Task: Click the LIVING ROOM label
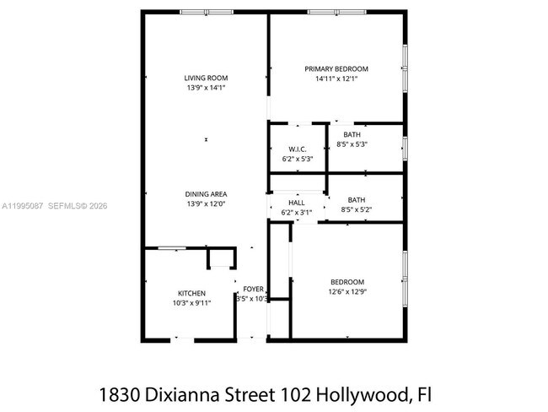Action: [x=206, y=79]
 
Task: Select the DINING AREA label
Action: [x=206, y=194]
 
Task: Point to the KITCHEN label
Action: [x=191, y=293]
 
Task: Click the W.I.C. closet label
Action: [x=297, y=149]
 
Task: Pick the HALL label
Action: [x=297, y=203]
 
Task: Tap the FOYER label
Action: [x=254, y=289]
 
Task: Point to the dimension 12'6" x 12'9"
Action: [x=347, y=291]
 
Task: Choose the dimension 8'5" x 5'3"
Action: [x=352, y=144]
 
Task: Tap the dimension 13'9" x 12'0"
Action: [x=206, y=203]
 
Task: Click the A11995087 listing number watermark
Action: [x=24, y=205]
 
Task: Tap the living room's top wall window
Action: [x=207, y=12]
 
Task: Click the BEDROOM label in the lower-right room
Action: [x=347, y=282]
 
